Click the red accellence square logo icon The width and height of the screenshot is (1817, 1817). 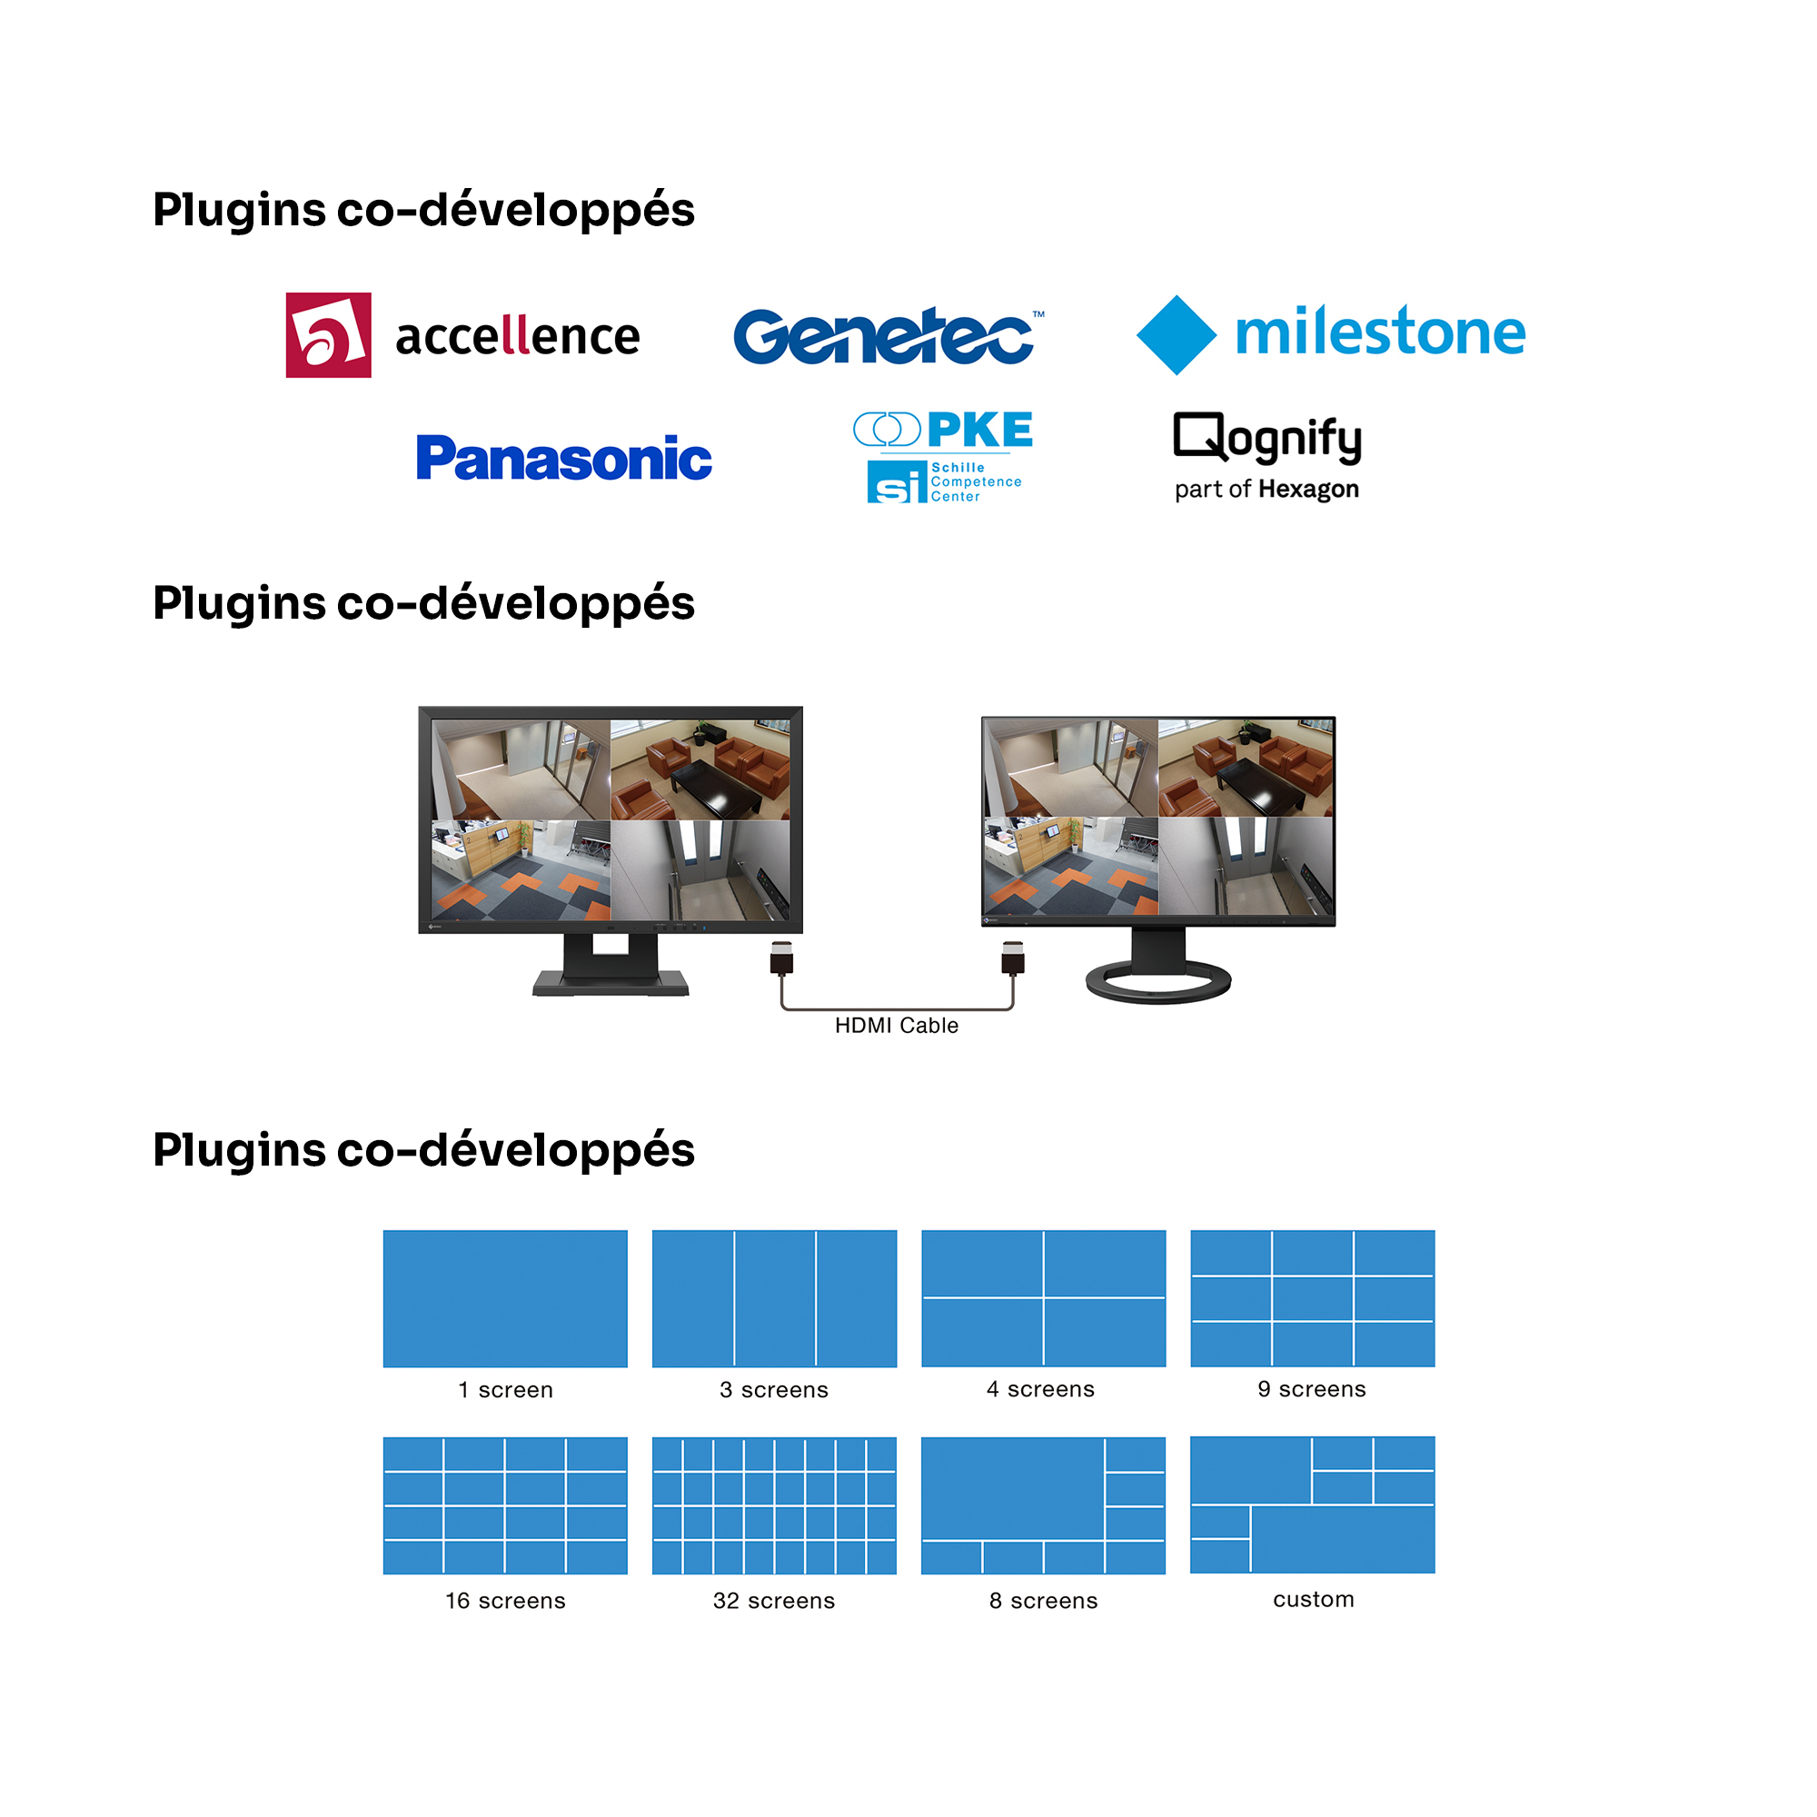click(328, 335)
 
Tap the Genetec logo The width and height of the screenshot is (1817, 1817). click(884, 336)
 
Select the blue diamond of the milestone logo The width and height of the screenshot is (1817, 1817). click(1176, 335)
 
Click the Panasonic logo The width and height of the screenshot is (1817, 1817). click(563, 458)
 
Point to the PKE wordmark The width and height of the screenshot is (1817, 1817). click(979, 431)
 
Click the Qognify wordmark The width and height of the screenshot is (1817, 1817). click(1266, 438)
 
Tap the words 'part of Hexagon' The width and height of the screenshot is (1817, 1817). click(1266, 489)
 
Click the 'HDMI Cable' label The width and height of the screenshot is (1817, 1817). click(897, 1025)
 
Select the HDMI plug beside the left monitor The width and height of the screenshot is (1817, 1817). click(781, 958)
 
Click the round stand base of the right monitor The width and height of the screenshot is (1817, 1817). click(1157, 982)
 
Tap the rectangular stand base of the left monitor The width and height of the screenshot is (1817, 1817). click(611, 983)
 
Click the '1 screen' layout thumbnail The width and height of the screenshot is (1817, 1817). click(505, 1298)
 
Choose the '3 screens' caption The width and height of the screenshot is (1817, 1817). click(774, 1389)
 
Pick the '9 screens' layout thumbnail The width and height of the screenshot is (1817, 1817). click(1312, 1298)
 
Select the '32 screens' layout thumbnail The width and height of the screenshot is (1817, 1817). click(774, 1504)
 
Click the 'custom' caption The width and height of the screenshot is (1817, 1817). click(1313, 1599)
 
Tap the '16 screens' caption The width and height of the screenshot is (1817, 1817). click(505, 1600)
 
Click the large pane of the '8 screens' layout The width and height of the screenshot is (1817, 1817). click(1012, 1488)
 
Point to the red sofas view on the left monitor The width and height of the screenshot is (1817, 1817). click(700, 769)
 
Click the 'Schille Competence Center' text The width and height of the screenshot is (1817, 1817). click(975, 482)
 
